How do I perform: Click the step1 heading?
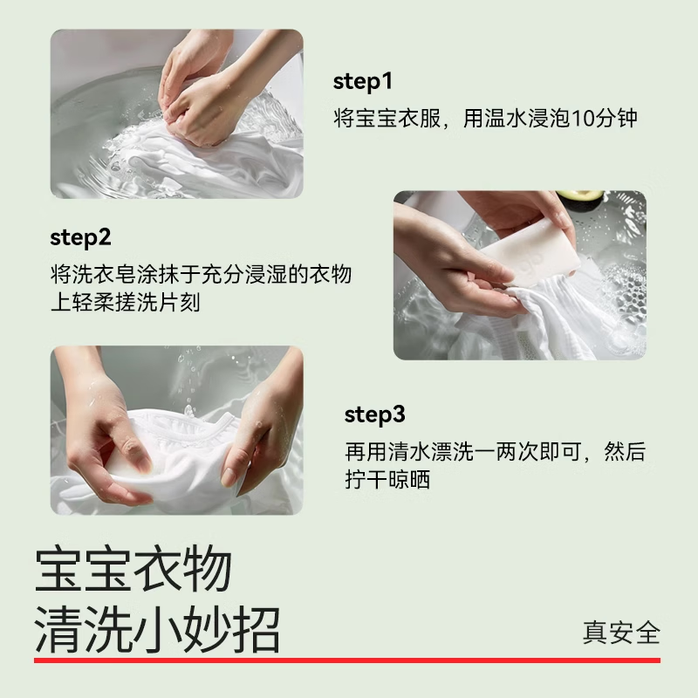[363, 83]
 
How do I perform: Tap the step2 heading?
[80, 238]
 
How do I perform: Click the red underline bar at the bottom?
[349, 660]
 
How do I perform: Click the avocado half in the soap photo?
[580, 199]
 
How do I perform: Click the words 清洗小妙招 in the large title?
[157, 630]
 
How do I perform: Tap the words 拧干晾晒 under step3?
[387, 479]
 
